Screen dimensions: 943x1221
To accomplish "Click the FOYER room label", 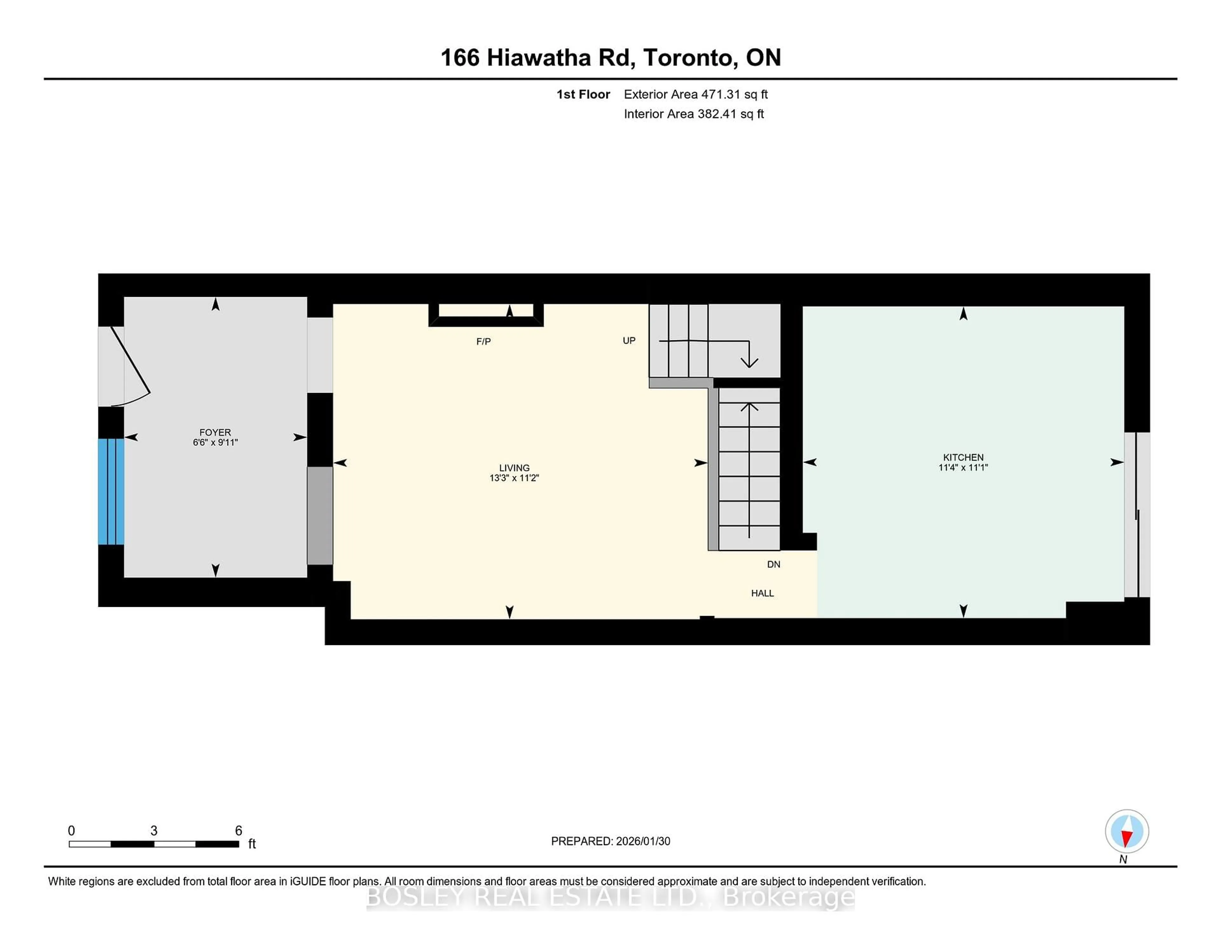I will pos(215,432).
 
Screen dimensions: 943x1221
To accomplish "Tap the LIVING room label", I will pos(514,468).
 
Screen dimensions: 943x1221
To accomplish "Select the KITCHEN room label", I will pos(963,457).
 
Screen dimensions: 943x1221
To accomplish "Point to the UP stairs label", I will pos(629,340).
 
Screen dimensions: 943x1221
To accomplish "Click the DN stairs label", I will pos(773,564).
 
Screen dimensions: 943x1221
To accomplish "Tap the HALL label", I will pos(762,593).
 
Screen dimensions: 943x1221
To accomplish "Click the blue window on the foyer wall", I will pos(111,492).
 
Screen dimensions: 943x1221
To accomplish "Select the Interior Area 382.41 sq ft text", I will pos(693,114).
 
